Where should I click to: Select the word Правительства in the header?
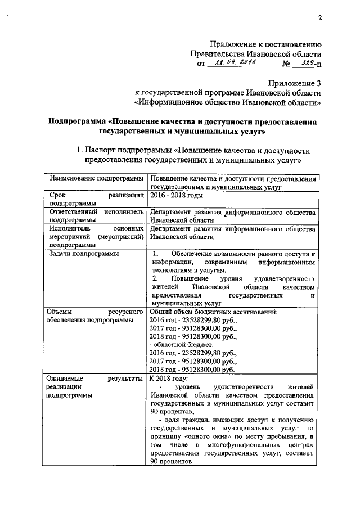218,54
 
